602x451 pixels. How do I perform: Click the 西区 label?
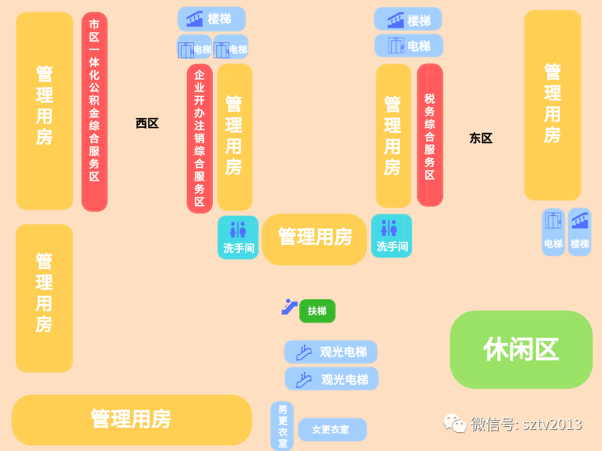pos(147,123)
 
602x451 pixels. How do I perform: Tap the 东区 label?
pos(480,139)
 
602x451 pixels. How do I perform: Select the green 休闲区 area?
pos(521,349)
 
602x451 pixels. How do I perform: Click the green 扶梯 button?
pos(317,311)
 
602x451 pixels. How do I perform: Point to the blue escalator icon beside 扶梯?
pos(289,307)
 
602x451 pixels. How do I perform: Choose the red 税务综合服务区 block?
pos(430,135)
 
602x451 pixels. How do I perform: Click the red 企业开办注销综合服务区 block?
pos(199,138)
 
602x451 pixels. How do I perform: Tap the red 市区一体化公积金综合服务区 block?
pos(94,112)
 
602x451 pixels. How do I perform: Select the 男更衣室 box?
pos(282,426)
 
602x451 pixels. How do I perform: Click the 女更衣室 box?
pos(332,429)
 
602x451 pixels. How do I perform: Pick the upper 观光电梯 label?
pos(330,352)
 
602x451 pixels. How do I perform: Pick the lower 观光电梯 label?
pos(332,379)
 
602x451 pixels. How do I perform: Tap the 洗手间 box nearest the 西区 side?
pos(238,237)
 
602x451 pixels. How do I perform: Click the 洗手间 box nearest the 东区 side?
pos(392,236)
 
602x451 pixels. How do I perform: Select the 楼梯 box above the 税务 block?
pos(408,19)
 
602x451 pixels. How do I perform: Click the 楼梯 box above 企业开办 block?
pos(212,19)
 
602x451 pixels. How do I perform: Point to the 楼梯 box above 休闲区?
pos(580,232)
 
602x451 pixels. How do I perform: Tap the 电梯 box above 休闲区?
pos(553,232)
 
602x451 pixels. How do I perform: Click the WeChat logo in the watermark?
pos(456,423)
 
